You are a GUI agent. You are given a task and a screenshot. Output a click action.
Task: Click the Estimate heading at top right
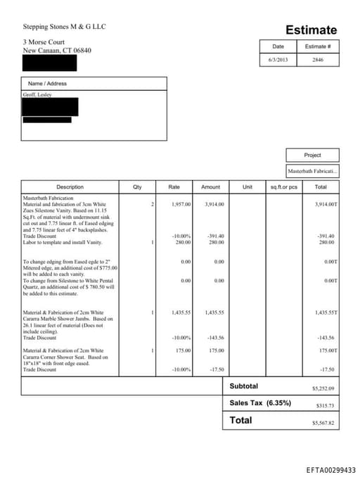click(x=311, y=30)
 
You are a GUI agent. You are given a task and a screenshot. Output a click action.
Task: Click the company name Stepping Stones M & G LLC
click(x=64, y=27)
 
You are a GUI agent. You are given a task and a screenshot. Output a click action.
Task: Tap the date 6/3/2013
click(x=278, y=60)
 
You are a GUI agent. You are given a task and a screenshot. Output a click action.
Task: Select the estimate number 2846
click(x=318, y=60)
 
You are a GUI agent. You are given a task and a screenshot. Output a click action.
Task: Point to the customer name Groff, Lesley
click(x=37, y=94)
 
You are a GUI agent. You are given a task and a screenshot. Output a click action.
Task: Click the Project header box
click(x=312, y=155)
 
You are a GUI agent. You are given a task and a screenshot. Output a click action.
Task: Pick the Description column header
click(x=70, y=187)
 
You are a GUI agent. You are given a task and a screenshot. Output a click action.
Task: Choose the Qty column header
click(x=137, y=187)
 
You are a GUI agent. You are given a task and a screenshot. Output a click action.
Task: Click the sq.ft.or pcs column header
click(x=284, y=187)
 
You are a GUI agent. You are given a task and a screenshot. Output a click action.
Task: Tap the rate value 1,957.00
click(x=181, y=204)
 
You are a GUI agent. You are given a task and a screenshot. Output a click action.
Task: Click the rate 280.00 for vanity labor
click(x=183, y=242)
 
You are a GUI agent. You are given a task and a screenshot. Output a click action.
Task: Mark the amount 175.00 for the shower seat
click(x=215, y=350)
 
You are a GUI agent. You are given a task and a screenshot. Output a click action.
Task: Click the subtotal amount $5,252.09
click(x=323, y=388)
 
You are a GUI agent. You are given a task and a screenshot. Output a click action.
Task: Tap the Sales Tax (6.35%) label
click(x=260, y=403)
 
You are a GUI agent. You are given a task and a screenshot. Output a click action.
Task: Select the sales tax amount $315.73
click(x=325, y=405)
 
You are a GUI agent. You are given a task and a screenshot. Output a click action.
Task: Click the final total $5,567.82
click(x=323, y=423)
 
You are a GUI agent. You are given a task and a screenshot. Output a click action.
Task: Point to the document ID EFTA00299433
click(x=331, y=469)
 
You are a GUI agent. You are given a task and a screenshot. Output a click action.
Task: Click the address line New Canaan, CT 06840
click(x=57, y=51)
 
